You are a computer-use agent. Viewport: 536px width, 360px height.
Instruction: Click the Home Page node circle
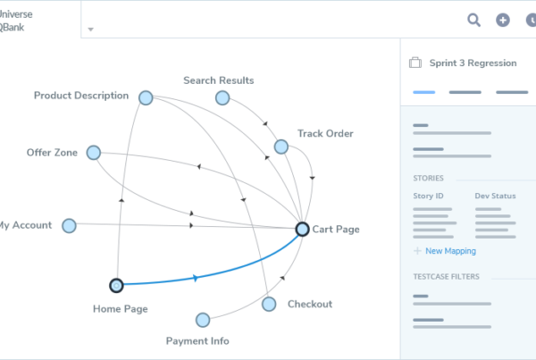click(x=115, y=286)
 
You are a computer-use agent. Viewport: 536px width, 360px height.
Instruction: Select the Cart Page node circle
click(x=303, y=230)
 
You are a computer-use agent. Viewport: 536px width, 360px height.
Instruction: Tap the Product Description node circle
click(x=146, y=97)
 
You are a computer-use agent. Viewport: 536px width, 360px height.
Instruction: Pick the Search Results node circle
click(x=222, y=97)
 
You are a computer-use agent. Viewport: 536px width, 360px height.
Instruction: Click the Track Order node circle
click(x=281, y=147)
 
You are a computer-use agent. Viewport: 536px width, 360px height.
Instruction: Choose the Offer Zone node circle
click(x=93, y=153)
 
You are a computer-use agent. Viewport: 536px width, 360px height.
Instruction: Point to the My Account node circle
click(x=69, y=226)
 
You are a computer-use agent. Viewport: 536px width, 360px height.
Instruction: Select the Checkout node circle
click(x=269, y=305)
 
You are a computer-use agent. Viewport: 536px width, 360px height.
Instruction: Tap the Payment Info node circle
click(x=203, y=320)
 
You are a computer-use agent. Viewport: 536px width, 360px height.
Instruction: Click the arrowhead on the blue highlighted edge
click(x=195, y=278)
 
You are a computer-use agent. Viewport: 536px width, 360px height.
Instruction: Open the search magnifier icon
click(x=474, y=20)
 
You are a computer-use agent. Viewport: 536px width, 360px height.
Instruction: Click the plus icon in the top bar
click(x=503, y=20)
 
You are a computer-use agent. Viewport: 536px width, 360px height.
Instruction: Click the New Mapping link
click(x=450, y=251)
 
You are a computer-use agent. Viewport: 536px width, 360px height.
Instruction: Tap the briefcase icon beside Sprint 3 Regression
click(x=415, y=63)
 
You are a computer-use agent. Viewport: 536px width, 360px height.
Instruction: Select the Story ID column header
click(x=427, y=195)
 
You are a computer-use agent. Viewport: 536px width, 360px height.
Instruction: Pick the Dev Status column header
click(x=495, y=195)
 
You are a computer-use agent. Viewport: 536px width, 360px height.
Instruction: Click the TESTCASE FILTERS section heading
click(x=446, y=277)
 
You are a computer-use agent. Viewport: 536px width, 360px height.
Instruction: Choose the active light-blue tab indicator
click(x=423, y=91)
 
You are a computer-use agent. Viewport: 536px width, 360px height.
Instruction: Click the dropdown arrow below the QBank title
click(x=91, y=29)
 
